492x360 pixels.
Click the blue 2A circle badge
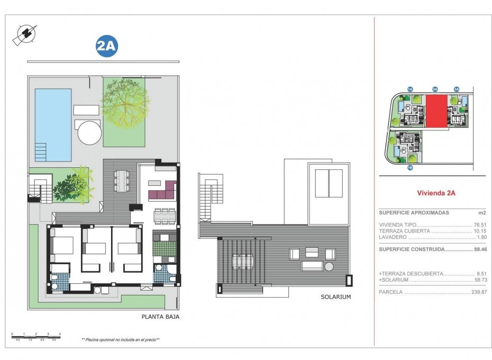106,46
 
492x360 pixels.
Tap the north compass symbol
25,34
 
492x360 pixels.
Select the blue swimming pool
53,124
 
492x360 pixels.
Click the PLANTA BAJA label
160,317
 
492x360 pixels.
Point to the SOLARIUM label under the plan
335,297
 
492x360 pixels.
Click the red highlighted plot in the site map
436,112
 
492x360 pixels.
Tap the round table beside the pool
89,132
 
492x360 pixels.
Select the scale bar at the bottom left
36,336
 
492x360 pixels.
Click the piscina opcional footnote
121,339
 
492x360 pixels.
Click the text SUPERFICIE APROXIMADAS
414,212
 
